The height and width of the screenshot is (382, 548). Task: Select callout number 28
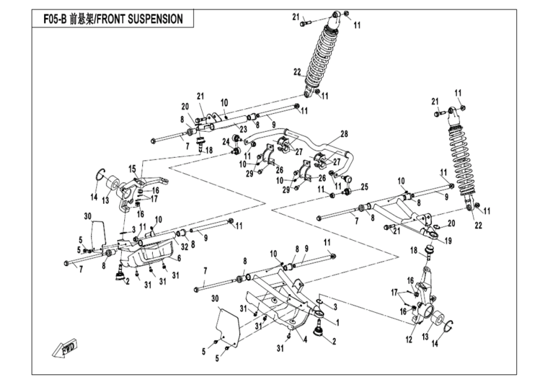pyautogui.click(x=343, y=134)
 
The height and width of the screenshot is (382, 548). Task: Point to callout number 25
pyautogui.click(x=365, y=187)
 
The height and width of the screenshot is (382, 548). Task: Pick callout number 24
pyautogui.click(x=225, y=143)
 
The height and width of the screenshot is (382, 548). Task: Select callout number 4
pyautogui.click(x=305, y=339)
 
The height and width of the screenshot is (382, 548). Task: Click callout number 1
pyautogui.click(x=337, y=322)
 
